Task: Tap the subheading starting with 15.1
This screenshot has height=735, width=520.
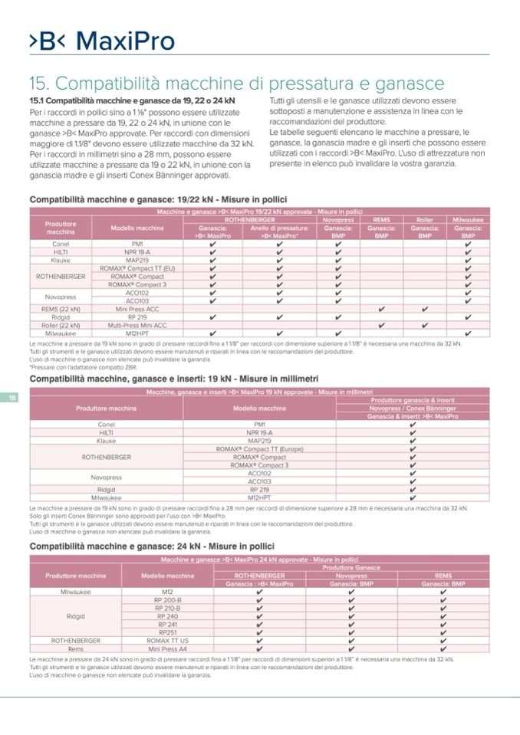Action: (132, 100)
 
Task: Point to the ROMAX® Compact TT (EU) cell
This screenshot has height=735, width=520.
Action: (137, 268)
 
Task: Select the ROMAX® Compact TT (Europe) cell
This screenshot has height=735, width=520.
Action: (259, 448)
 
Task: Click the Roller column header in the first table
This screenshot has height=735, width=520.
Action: (424, 219)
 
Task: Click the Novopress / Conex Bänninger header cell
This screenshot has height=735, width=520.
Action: (413, 408)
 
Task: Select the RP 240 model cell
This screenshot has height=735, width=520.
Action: (167, 616)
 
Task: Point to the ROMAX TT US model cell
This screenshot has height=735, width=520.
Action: (167, 640)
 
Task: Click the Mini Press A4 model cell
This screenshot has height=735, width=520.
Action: (167, 648)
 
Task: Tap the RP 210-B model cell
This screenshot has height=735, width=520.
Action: (167, 608)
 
